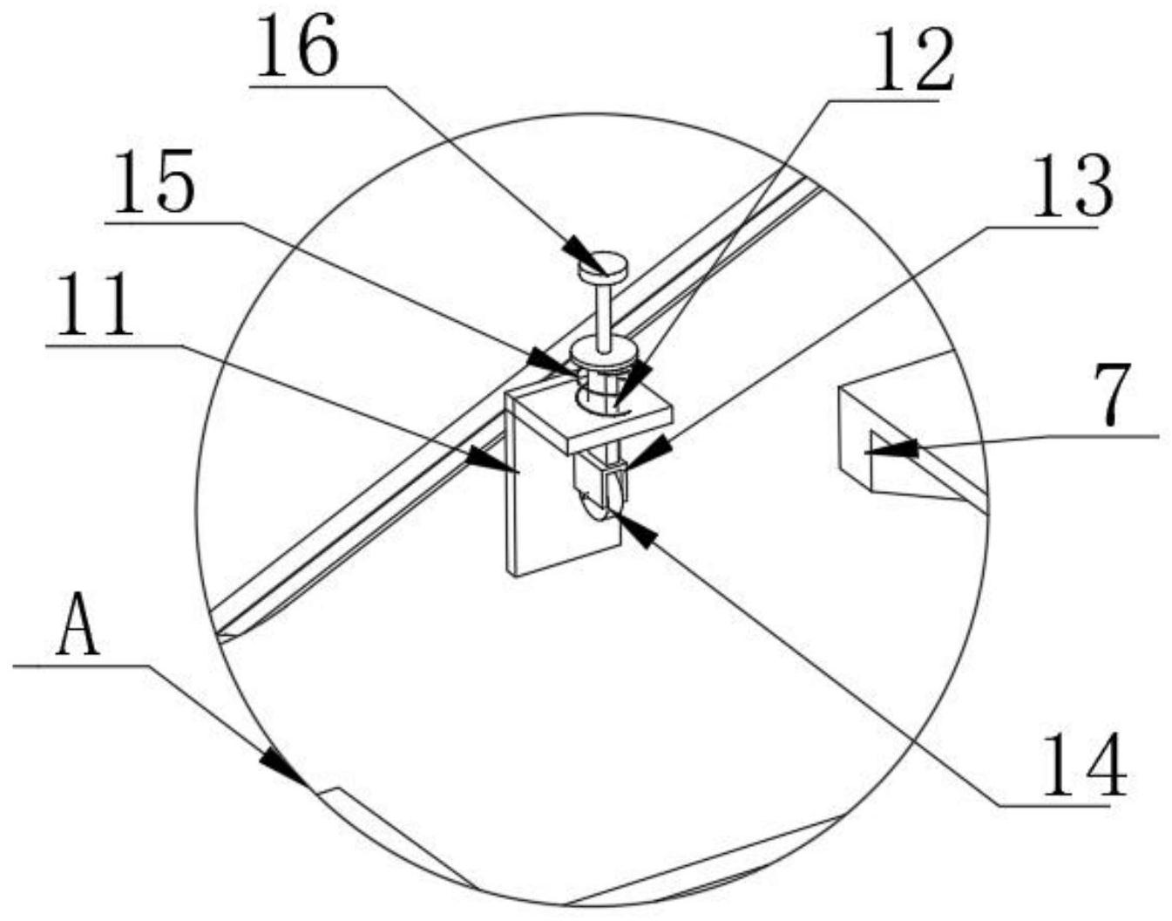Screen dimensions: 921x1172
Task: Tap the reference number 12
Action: tap(913, 60)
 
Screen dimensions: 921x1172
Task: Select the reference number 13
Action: tap(1072, 188)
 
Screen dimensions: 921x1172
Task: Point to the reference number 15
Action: tap(153, 184)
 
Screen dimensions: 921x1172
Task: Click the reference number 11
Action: tap(94, 306)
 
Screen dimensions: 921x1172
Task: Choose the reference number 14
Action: tap(1084, 765)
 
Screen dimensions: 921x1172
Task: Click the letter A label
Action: tap(78, 625)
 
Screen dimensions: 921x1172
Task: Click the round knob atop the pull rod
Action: tap(602, 265)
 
